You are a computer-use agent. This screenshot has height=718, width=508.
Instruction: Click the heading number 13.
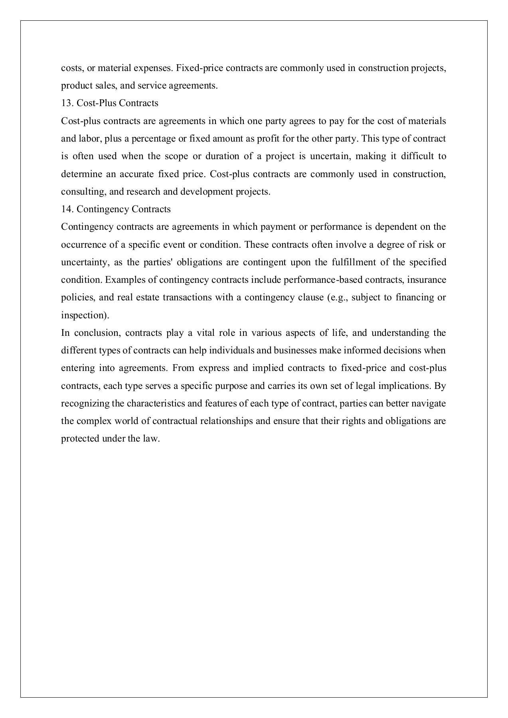[66, 103]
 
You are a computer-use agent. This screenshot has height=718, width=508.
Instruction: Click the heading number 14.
[66, 209]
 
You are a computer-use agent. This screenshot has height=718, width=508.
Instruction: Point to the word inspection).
[85, 316]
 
